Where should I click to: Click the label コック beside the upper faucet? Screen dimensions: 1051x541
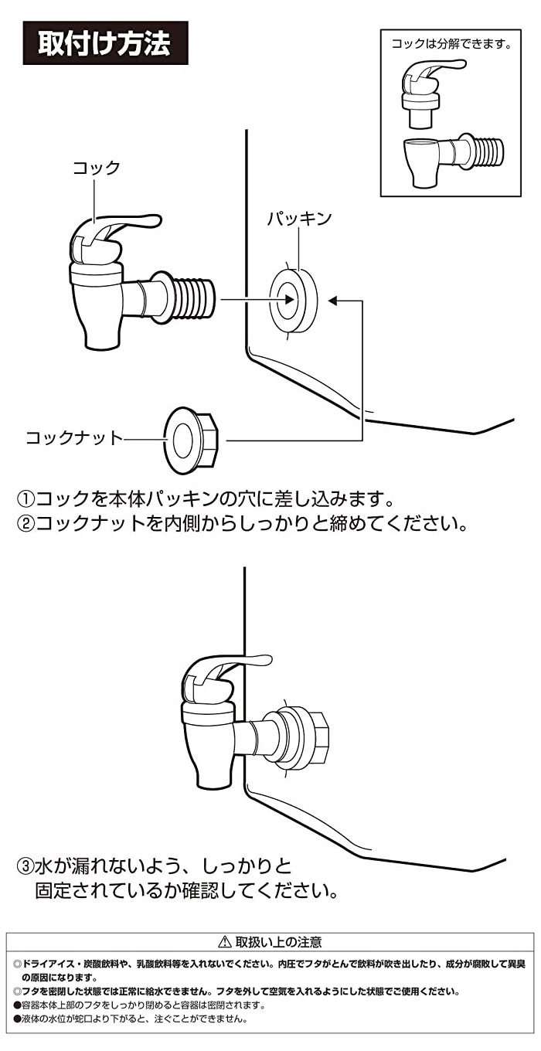pos(97,168)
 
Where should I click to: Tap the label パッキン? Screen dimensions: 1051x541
pos(299,219)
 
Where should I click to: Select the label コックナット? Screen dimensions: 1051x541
pos(74,438)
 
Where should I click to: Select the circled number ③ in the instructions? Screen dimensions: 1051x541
pos(26,864)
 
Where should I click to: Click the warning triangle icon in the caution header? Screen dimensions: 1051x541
pos(225,942)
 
